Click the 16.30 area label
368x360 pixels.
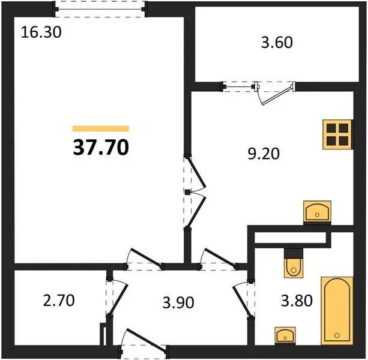coord(41,32)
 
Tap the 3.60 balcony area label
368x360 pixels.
coord(277,43)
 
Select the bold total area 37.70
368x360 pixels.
coord(101,147)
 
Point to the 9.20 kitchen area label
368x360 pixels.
coord(264,154)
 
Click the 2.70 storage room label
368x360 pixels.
coord(59,301)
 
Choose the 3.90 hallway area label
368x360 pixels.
coord(178,302)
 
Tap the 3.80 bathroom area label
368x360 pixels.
coord(297,301)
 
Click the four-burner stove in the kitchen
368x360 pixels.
coord(338,134)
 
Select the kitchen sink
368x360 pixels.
coord(317,211)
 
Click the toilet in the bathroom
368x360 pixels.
coord(294,263)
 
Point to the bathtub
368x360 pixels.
coord(337,311)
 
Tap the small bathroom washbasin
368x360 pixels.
coord(285,335)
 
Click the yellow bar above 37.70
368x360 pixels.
coord(101,129)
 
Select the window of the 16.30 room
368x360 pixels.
coord(100,9)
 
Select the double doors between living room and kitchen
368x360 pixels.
coord(195,193)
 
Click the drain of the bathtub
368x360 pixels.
coord(337,335)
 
